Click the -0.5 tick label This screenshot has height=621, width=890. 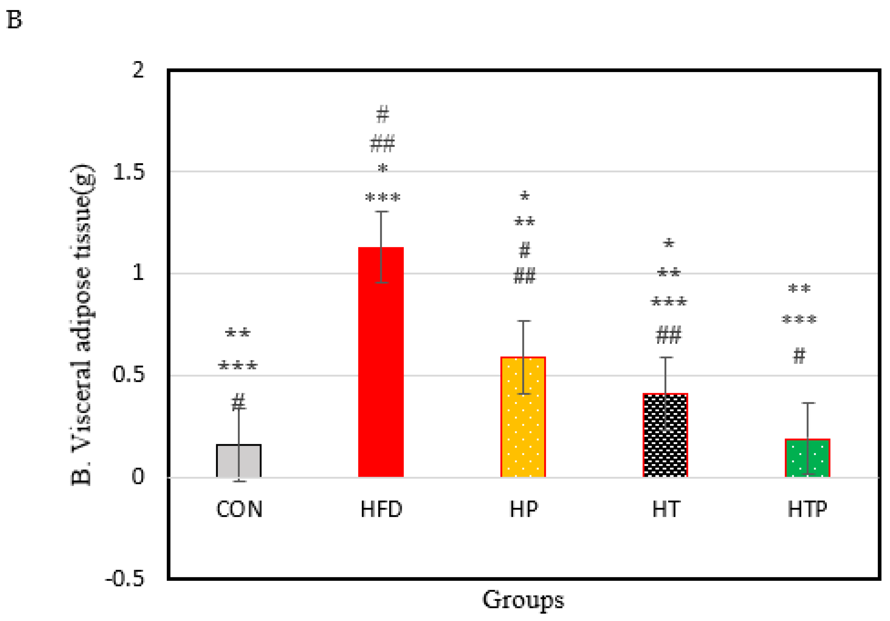click(125, 579)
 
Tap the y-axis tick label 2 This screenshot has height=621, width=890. click(138, 70)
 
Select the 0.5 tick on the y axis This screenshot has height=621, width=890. click(128, 375)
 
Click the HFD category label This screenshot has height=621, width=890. click(381, 509)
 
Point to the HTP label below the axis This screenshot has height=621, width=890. click(807, 509)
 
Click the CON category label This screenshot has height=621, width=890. click(239, 509)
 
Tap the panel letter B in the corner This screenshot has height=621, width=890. click(15, 20)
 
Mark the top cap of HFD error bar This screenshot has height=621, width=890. click(381, 212)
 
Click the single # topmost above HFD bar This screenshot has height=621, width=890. click(383, 114)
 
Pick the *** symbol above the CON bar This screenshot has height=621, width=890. click(238, 365)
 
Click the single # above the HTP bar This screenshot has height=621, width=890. click(799, 356)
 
